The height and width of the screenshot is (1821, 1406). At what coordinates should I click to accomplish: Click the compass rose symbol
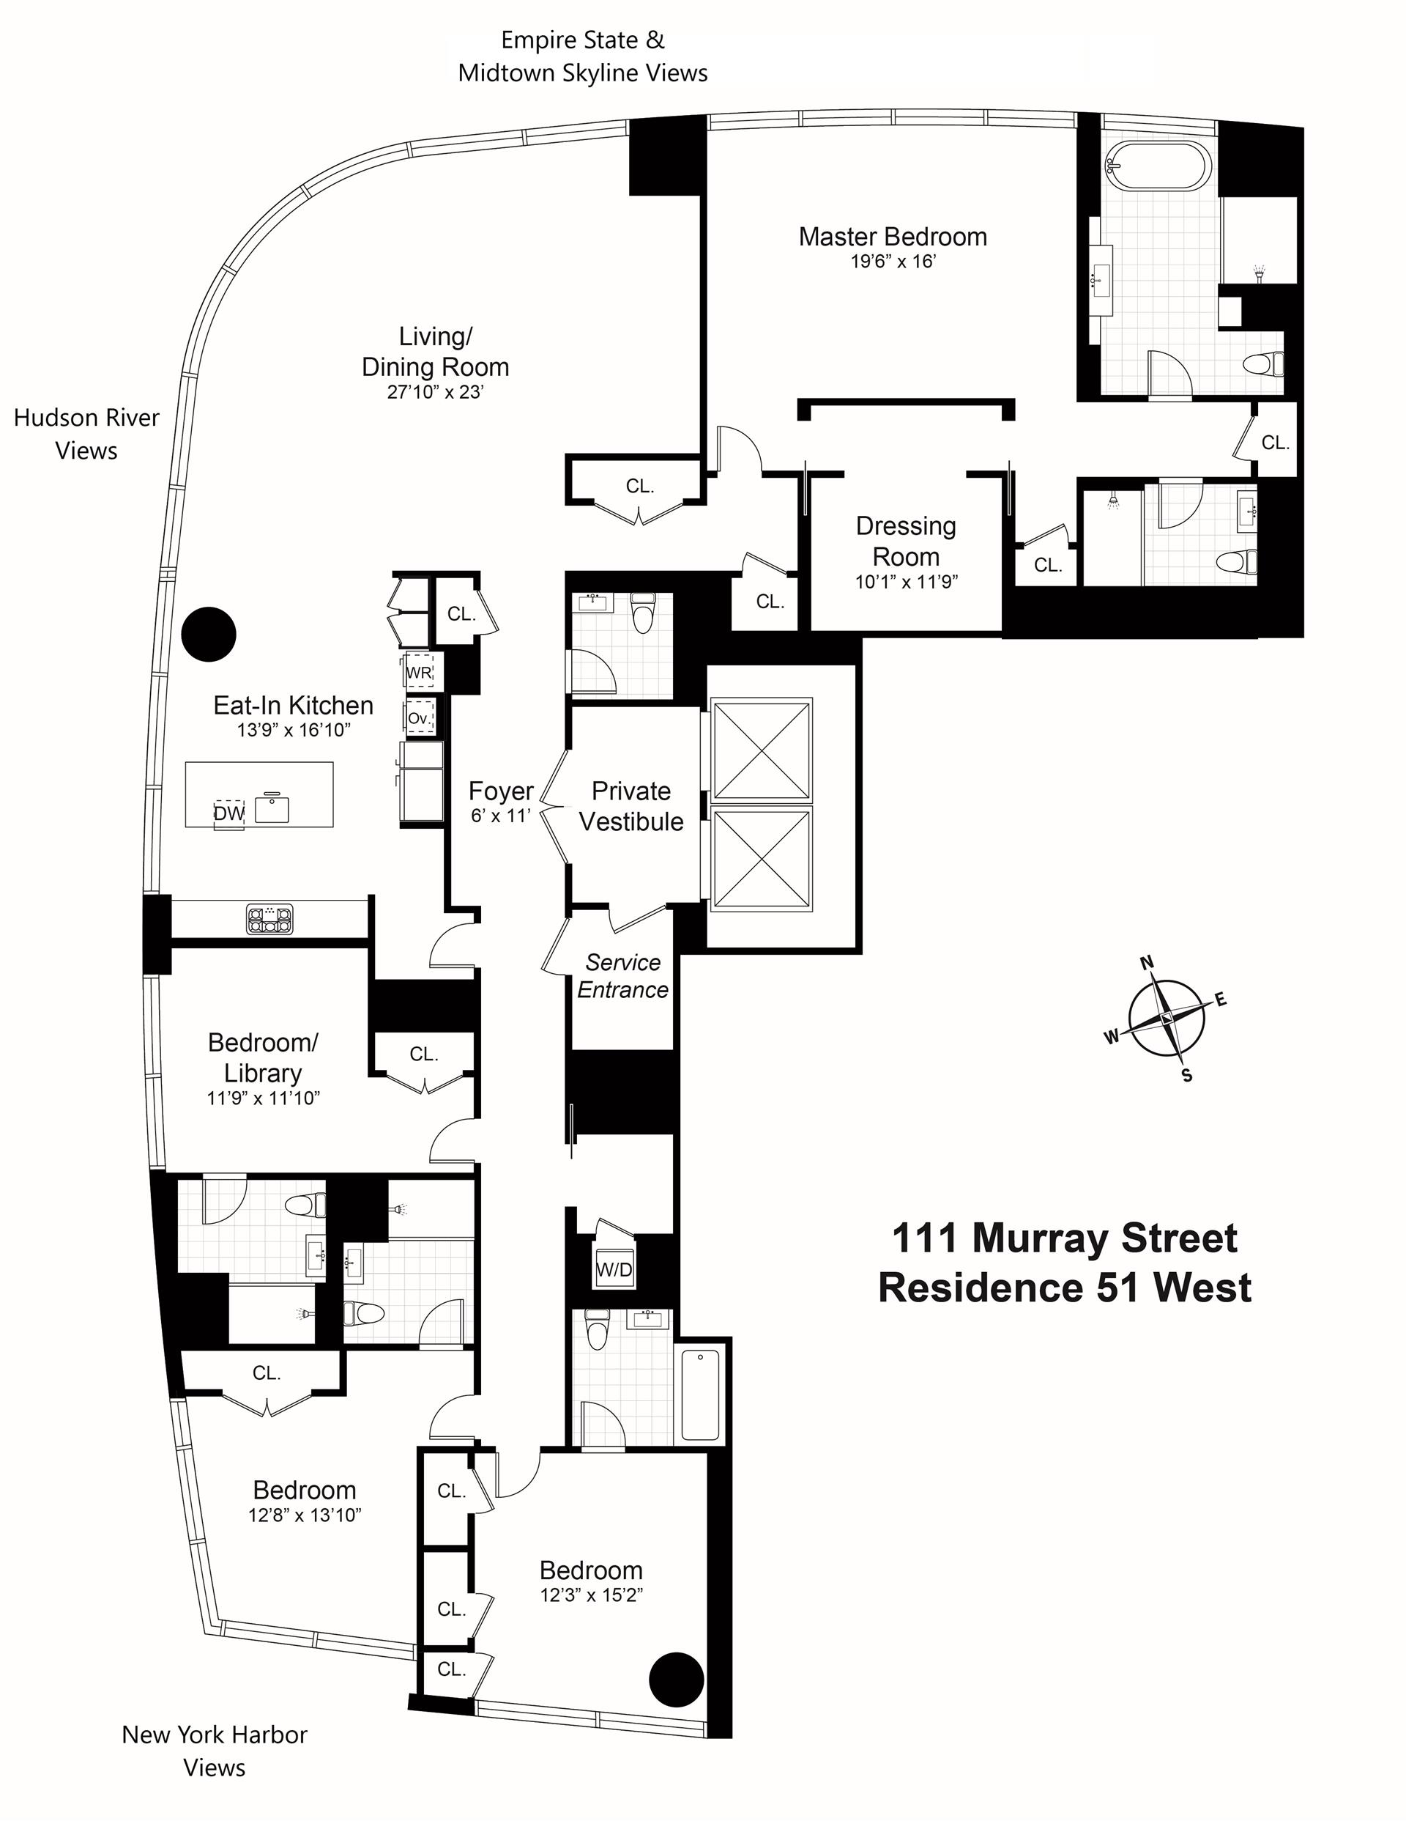1166,1018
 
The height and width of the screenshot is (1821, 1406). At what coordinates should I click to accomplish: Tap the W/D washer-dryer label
614,1270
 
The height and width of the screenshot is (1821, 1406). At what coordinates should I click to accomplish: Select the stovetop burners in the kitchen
270,919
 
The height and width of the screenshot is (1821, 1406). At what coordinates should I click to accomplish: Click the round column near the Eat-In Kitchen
209,634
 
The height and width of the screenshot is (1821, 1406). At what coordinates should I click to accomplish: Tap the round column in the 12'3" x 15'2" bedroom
676,1680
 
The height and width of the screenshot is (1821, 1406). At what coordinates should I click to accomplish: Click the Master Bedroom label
893,237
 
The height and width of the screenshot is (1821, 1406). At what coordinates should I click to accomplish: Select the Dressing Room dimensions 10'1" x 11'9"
906,581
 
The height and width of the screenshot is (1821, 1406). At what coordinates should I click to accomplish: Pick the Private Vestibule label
631,806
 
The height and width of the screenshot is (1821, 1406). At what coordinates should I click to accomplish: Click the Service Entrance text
622,975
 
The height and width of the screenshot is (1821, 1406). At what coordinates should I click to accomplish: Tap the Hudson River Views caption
86,434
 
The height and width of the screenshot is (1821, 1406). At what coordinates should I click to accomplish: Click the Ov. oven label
419,718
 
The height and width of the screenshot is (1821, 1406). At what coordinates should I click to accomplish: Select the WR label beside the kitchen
418,673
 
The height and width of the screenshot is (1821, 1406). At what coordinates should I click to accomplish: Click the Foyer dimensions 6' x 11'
501,816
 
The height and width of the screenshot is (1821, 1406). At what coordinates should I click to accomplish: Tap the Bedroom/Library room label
263,1057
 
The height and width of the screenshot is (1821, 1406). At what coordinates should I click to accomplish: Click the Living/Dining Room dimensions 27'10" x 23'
435,392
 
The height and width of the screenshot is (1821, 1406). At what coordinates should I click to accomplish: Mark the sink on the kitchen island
272,808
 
